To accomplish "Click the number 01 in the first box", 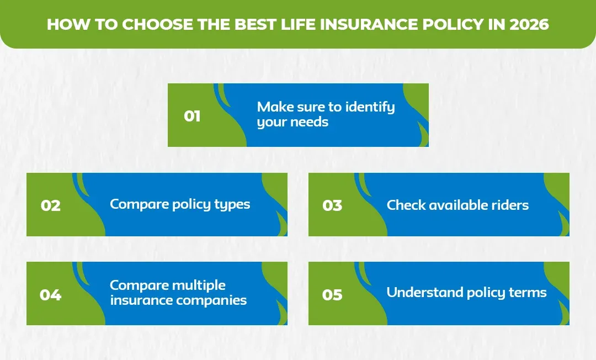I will [192, 117].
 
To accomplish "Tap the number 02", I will [50, 206].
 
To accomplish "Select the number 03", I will [332, 206].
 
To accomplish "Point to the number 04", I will [50, 295].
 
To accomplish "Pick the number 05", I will [332, 295].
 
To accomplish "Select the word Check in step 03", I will [406, 205].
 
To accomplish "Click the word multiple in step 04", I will [199, 285].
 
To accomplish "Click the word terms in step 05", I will [529, 293].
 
